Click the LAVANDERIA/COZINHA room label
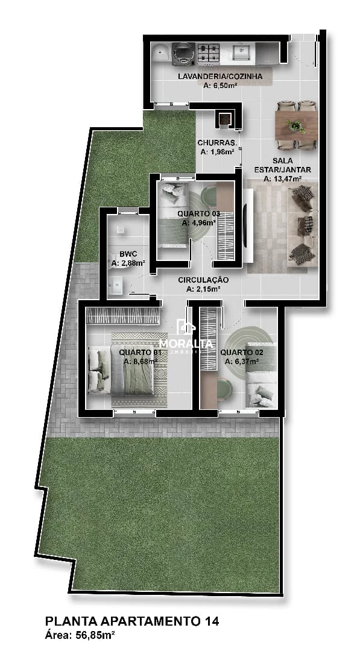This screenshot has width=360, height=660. click(220, 76)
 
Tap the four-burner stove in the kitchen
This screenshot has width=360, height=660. click(209, 53)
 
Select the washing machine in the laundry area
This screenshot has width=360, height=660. click(183, 54)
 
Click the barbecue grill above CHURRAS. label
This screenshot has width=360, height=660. click(224, 119)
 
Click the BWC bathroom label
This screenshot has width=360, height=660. click(128, 254)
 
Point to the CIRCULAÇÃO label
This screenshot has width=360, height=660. click(203, 280)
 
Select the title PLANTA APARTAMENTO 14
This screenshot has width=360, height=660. click(132, 621)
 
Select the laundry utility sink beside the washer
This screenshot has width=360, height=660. click(161, 53)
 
